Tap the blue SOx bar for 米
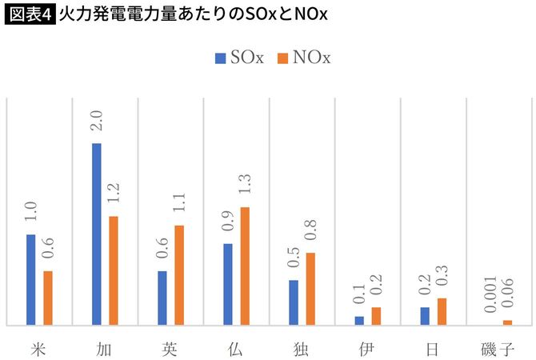coord(31,280)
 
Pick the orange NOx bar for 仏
coord(244,266)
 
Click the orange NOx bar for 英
coord(178,275)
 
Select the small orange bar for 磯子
coord(506,322)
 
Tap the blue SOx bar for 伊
coord(359,321)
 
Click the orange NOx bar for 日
coord(441,311)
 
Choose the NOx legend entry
coord(303,58)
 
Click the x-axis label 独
coord(302,348)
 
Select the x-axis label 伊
coord(367,348)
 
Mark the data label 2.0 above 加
coord(97,124)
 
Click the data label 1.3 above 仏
coord(244,188)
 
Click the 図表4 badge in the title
coord(30,15)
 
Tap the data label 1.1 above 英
coord(178,206)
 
